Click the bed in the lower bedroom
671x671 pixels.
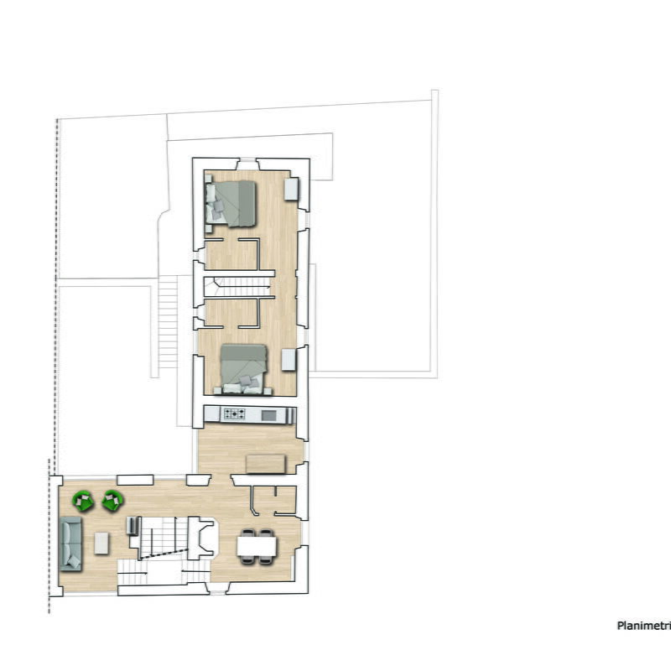coord(243,369)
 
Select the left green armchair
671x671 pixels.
coord(83,501)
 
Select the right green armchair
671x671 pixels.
coord(112,501)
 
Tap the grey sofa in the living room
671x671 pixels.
coord(70,544)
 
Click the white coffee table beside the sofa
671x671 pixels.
coord(101,543)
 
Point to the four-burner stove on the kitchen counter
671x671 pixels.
coord(234,414)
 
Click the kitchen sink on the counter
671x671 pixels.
coord(268,414)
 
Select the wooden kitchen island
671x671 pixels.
coord(265,463)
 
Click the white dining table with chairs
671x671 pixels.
coord(256,546)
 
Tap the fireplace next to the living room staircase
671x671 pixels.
coord(201,538)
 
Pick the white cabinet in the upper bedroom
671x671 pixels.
coord(292,189)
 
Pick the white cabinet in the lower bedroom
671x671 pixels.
coord(289,360)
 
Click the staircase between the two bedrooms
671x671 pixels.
coord(241,283)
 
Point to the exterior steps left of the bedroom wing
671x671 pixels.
coord(169,323)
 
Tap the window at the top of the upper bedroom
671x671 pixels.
coord(247,164)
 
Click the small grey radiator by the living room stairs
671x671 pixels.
coord(132,526)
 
